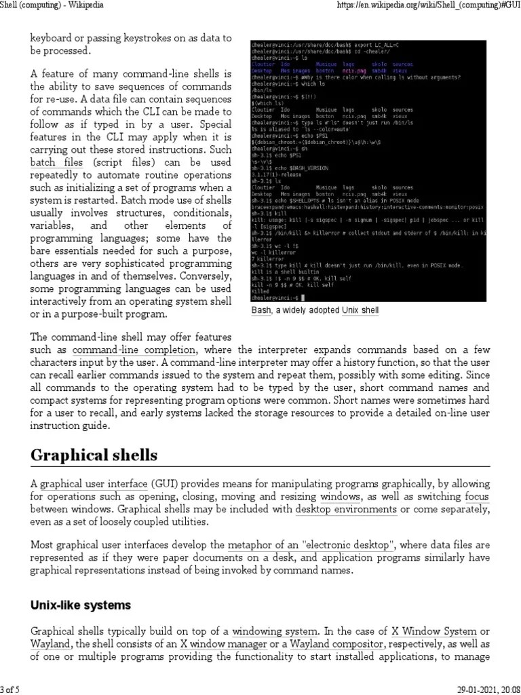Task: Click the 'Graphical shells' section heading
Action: (x=94, y=454)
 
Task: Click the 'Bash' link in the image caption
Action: (x=261, y=310)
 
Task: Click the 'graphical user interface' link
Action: (x=94, y=485)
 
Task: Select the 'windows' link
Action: (x=341, y=497)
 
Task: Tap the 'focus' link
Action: (x=476, y=497)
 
